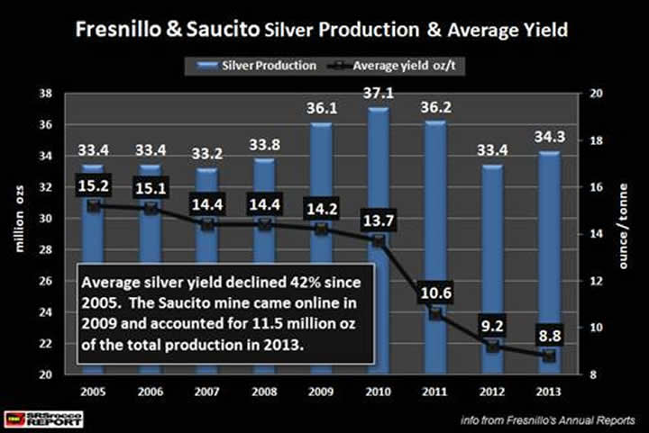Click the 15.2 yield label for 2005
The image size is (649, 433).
coord(91,189)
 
